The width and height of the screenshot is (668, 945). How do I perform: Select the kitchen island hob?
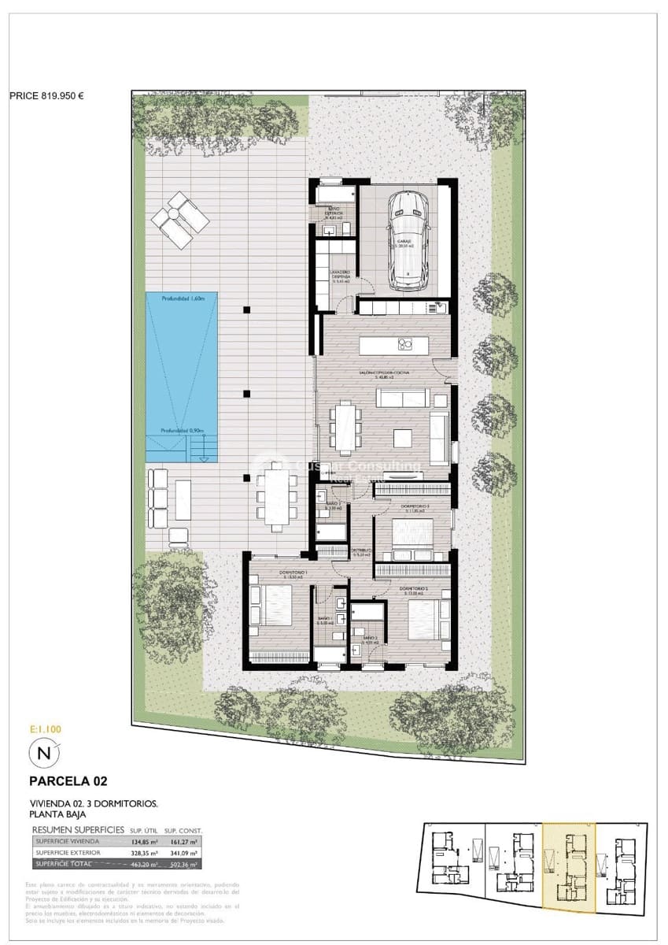click(406, 344)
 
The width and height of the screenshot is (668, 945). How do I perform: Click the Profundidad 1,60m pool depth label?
click(183, 299)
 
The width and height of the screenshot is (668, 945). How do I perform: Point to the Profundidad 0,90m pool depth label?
click(183, 431)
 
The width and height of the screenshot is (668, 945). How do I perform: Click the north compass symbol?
click(43, 754)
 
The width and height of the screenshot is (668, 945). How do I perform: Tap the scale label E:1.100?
click(45, 729)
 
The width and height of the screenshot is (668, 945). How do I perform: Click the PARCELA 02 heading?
click(68, 781)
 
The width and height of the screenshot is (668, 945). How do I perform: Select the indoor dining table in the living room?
click(345, 428)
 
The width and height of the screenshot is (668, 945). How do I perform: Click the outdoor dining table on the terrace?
click(276, 496)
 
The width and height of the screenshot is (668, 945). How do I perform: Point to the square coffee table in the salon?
click(403, 437)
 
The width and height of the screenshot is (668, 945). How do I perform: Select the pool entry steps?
click(202, 451)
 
